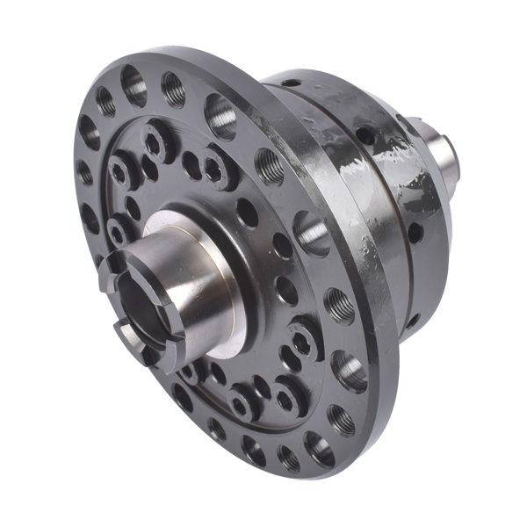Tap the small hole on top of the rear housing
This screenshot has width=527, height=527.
tap(291, 83)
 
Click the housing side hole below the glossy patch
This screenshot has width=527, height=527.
tap(414, 233)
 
